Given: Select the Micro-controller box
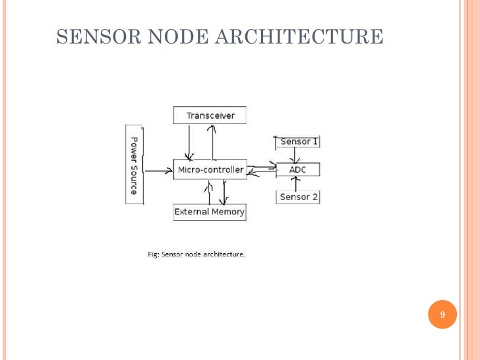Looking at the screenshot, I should point(210,170).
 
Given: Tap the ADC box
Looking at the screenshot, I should point(297,170).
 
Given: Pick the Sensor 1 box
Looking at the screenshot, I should point(298,142).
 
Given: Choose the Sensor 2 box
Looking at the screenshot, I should point(298,196).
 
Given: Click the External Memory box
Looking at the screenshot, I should point(209,212).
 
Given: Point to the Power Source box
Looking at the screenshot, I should point(133,165).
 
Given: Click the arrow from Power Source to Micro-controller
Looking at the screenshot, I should point(158,171).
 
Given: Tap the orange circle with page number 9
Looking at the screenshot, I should point(442,315).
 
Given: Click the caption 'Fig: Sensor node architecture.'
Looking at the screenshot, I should point(195,254).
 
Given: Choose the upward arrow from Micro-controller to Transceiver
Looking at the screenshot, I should point(212,142).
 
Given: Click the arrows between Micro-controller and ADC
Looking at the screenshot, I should point(261,170).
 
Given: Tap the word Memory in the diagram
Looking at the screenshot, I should point(228,212).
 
